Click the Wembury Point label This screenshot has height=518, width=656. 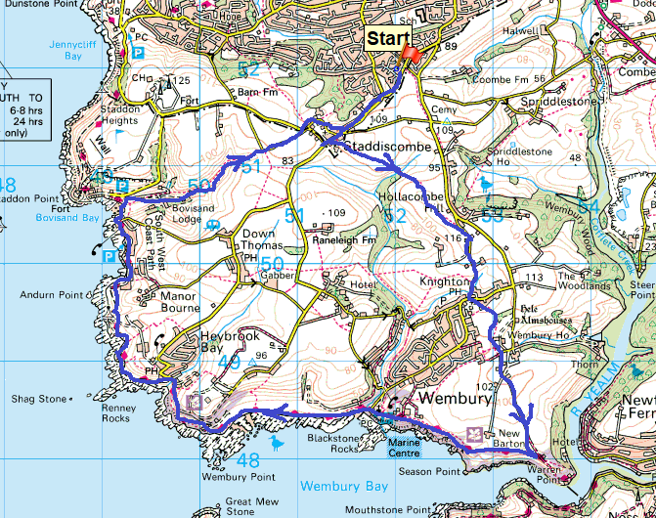click(228, 478)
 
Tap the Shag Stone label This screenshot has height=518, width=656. click(39, 399)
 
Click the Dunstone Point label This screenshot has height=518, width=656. click(39, 6)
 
